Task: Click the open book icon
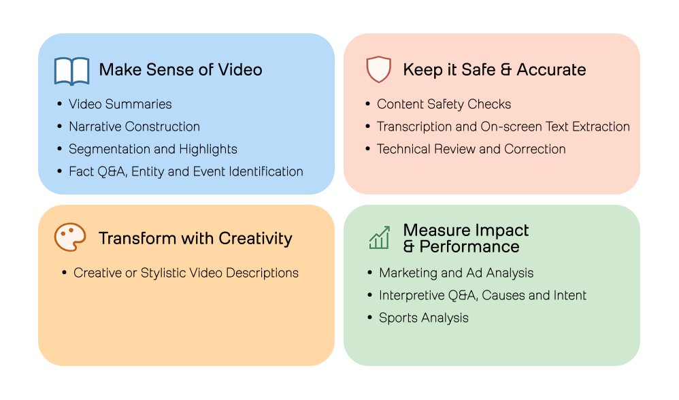click(71, 71)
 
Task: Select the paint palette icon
click(70, 238)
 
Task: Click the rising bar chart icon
click(379, 237)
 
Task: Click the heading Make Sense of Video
click(180, 69)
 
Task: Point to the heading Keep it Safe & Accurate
click(494, 69)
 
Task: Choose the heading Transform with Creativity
click(195, 238)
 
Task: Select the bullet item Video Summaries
click(120, 104)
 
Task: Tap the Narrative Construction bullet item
click(134, 127)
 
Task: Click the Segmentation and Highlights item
click(152, 149)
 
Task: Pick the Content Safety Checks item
click(444, 104)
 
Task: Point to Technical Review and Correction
click(471, 149)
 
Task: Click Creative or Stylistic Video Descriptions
click(186, 273)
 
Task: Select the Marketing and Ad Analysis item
click(456, 273)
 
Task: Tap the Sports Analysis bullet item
click(423, 318)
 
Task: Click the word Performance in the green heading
click(469, 246)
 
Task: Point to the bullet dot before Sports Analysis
click(369, 318)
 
